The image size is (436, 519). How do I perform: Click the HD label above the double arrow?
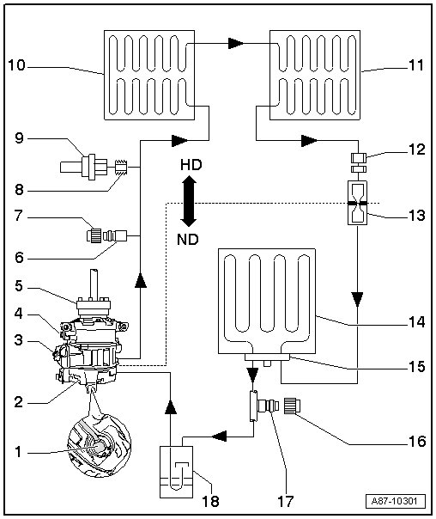pos(191,165)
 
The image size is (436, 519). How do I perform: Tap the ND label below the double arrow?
pos(188,240)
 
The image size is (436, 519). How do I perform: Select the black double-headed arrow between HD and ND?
pos(189,202)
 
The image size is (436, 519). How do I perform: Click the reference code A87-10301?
pos(395,501)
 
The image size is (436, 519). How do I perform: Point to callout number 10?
pos(17,65)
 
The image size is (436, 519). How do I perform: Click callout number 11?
pos(416,65)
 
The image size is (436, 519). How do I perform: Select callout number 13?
pos(416,215)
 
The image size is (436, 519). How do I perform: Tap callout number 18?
pos(210,502)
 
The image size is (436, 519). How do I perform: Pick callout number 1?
pos(19,451)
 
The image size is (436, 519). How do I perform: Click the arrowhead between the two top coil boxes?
pos(236,43)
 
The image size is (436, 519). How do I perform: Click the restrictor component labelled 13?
pos(358,203)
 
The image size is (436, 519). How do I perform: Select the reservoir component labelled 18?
pos(177,472)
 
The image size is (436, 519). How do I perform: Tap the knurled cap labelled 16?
pos(292,406)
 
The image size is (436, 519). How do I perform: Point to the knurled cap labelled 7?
pos(94,236)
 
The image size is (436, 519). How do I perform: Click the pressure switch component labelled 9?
pos(84,167)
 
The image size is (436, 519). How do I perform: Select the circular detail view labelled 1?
pos(100,445)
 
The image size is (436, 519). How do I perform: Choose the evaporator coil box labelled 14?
pos(267,302)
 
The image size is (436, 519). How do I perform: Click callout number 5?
pos(19,285)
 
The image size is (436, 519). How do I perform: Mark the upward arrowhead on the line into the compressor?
pos(170,406)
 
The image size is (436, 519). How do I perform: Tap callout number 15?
pos(416,366)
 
